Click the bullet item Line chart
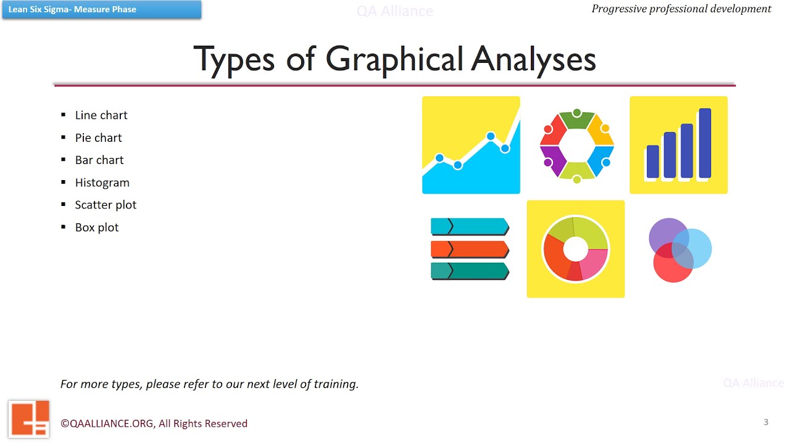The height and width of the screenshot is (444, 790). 101,115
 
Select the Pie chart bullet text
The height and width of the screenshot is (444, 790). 99,138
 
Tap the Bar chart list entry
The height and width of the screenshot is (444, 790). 99,160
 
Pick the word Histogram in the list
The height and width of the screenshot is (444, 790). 102,183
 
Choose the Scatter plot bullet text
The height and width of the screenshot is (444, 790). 106,205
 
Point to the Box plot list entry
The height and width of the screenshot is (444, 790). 97,228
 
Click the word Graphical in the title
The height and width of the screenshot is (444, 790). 394,60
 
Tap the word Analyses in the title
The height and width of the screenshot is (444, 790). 534,60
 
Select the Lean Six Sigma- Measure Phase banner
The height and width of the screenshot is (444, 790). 101,10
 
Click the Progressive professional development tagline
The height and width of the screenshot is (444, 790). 681,9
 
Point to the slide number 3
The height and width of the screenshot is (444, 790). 766,422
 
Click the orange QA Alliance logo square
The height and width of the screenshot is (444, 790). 28,419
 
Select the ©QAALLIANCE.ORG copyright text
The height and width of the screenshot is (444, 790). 154,424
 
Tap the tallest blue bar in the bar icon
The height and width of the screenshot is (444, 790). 705,143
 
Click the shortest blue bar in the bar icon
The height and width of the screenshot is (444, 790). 652,162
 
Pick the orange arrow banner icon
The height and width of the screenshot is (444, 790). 470,249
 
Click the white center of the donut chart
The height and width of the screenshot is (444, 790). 576,249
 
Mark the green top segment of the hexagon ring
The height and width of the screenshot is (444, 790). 576,120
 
